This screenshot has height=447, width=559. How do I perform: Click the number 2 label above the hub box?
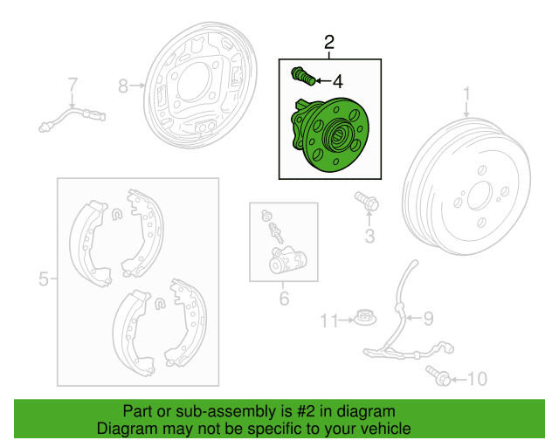click(x=329, y=43)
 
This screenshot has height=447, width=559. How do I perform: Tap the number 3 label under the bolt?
click(x=369, y=237)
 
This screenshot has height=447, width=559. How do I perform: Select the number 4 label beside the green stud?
click(x=336, y=82)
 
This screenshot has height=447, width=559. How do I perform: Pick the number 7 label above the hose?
click(x=73, y=85)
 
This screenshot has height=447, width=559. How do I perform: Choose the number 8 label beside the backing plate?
click(x=123, y=86)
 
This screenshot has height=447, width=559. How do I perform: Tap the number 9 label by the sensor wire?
click(x=428, y=319)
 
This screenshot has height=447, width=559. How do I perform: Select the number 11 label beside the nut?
click(x=328, y=321)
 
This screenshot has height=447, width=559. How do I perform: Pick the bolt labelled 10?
click(x=439, y=377)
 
